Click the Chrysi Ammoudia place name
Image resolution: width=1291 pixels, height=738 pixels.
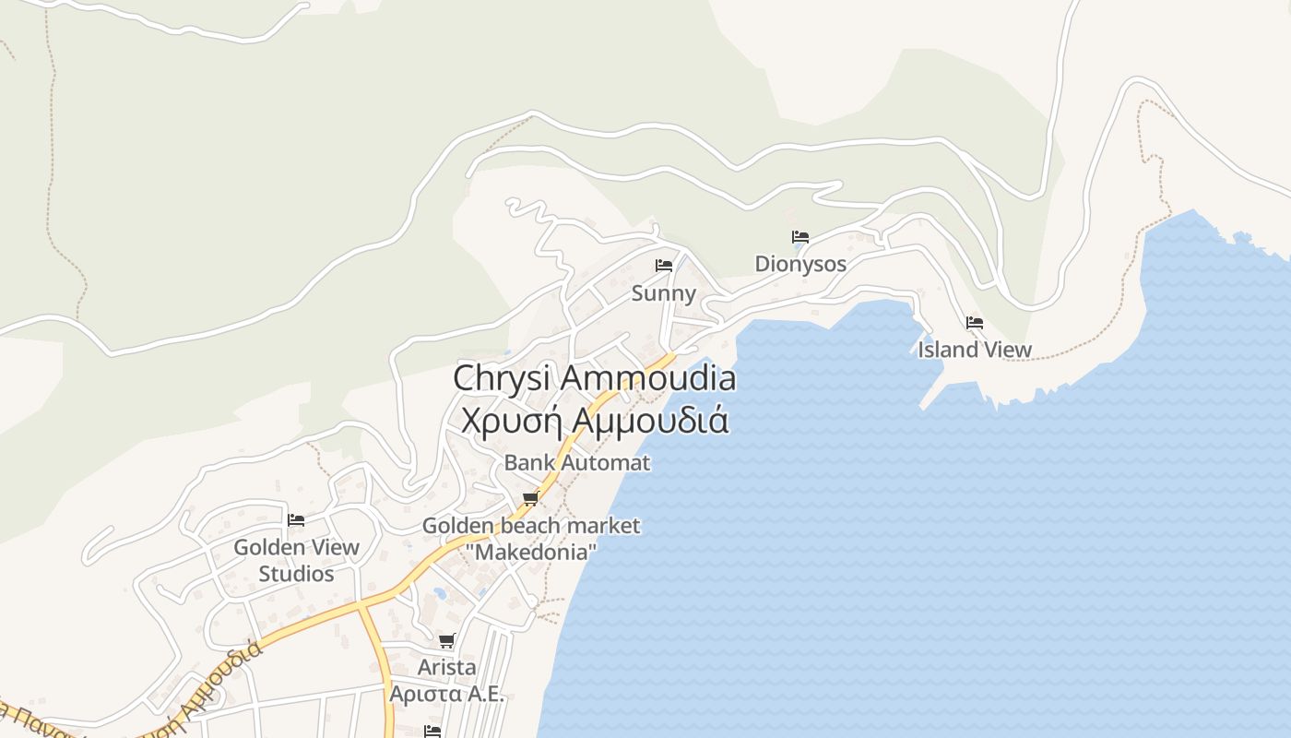[595, 378]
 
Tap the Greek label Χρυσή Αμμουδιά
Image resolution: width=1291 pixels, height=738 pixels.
[595, 420]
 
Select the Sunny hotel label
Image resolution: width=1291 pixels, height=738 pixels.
[663, 293]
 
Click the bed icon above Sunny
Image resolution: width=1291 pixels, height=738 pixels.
[663, 266]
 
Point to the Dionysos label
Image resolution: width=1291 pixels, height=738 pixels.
[800, 264]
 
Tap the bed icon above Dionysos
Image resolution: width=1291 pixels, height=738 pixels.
[799, 237]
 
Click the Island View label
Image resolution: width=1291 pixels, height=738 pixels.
[975, 350]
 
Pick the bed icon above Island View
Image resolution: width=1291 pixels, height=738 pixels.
[975, 323]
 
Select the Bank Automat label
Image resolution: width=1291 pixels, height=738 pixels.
[576, 462]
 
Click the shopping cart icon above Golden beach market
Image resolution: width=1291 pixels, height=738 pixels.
[530, 499]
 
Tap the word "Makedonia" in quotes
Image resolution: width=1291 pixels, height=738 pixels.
[530, 552]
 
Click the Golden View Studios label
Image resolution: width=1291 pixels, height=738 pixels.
[296, 560]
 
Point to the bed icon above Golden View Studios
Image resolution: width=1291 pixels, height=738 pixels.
[296, 520]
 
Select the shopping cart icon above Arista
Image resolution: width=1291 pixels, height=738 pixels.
[447, 640]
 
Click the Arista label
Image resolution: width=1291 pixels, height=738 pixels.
[447, 666]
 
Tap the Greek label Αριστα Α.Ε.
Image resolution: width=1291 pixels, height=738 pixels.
[447, 694]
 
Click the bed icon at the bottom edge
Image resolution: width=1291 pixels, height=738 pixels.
[432, 732]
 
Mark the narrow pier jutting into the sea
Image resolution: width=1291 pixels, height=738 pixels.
[932, 396]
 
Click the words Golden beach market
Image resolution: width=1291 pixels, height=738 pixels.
[530, 526]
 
